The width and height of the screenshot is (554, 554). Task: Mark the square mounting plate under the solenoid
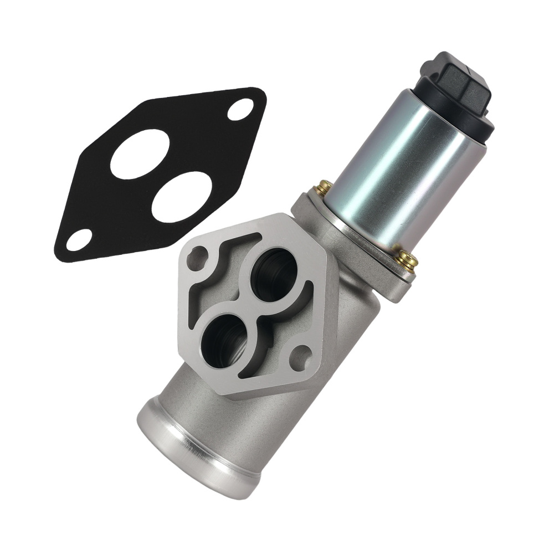pyautogui.click(x=355, y=238)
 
